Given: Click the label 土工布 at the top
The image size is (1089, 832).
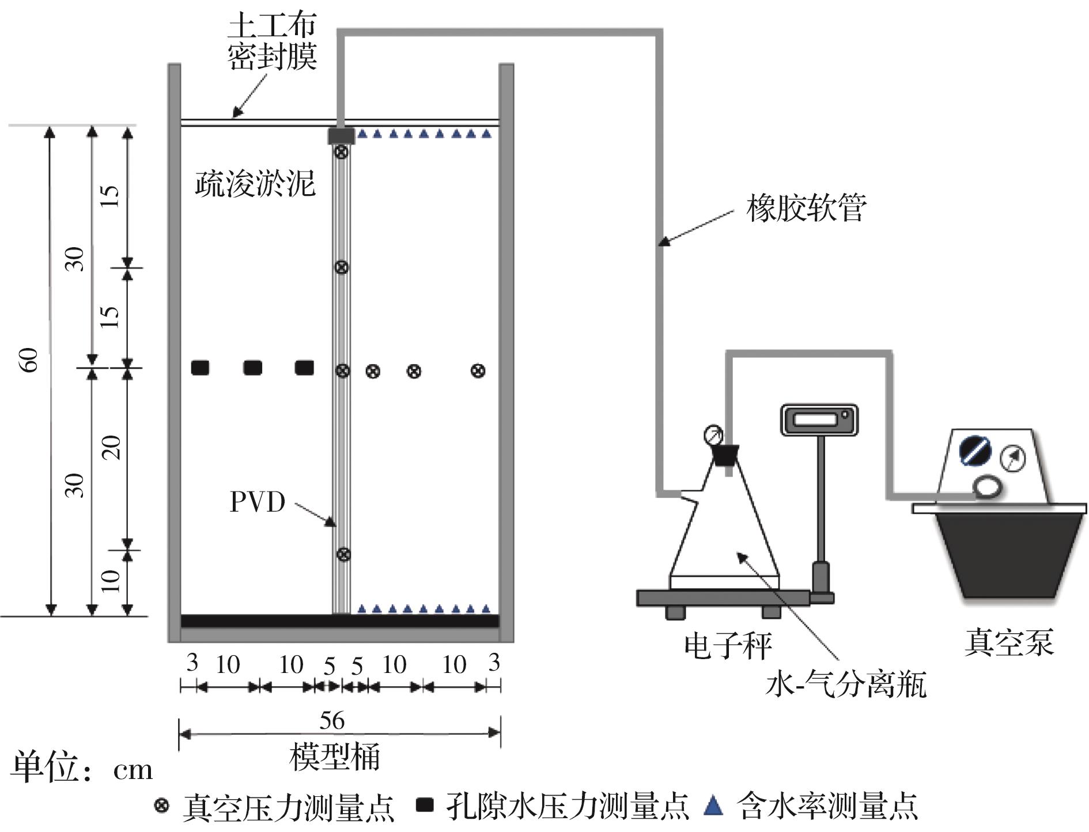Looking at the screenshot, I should [x=272, y=27].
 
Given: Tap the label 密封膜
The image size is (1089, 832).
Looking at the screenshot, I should [x=272, y=56].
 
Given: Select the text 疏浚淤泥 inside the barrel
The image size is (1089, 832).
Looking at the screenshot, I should [x=255, y=183].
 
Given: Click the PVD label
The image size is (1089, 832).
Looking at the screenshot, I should [x=258, y=502].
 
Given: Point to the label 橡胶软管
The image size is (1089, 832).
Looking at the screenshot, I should [x=806, y=209].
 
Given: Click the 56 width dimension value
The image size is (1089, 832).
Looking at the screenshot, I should [x=332, y=721].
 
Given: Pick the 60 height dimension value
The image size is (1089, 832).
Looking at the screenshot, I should [x=30, y=360].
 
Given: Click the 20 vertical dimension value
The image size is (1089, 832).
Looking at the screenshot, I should [x=112, y=447].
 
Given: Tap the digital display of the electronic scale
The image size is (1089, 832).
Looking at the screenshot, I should [x=818, y=419].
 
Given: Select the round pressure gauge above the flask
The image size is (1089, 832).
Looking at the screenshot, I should [x=713, y=435].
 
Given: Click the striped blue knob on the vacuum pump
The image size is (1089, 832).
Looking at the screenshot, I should [x=974, y=451].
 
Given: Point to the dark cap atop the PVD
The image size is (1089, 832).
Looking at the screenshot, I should [x=341, y=136].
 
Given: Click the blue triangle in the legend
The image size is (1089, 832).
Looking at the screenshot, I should [x=713, y=805].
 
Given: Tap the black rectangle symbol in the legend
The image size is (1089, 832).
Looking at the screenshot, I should [x=425, y=805].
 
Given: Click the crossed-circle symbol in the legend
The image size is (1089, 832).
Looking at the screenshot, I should [x=162, y=805].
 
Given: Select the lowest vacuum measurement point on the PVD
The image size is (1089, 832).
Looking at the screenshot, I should [x=343, y=554].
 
